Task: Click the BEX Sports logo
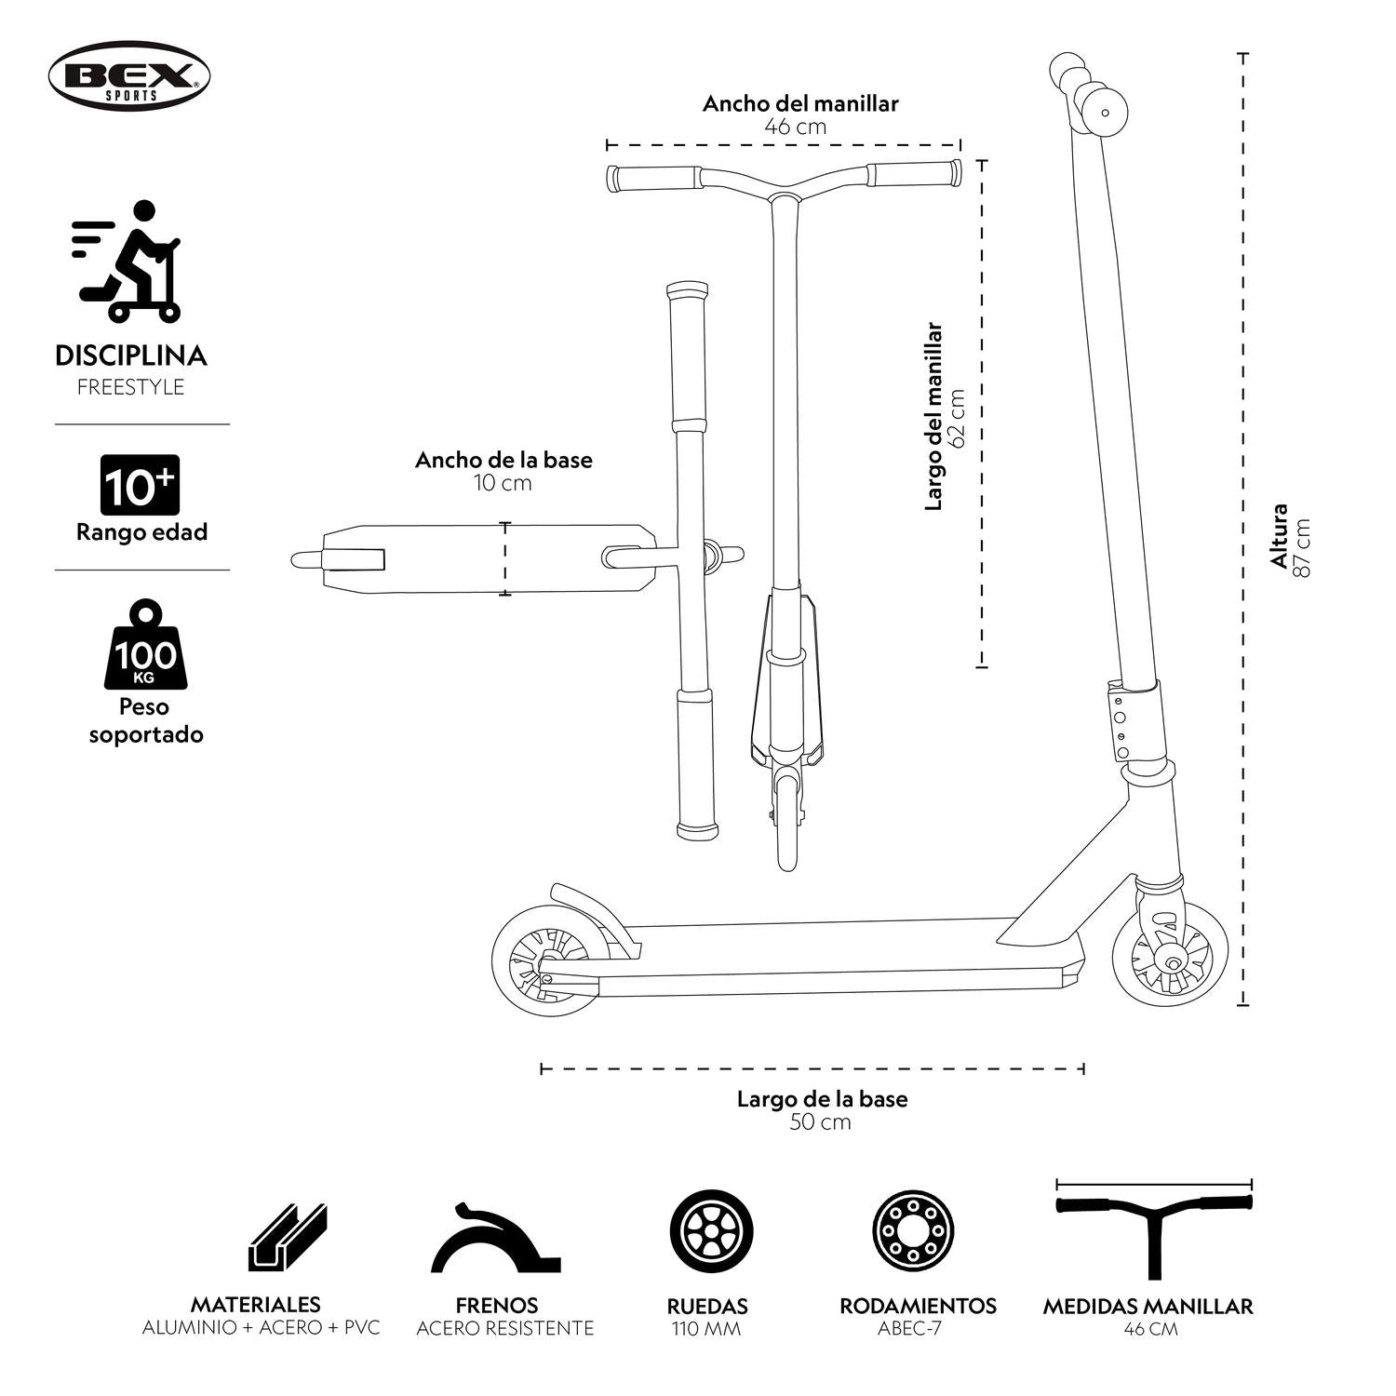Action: pos(129,75)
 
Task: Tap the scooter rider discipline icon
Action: pos(128,261)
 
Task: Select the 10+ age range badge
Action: pos(140,485)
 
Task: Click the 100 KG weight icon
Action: pos(144,647)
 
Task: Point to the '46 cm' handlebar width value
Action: pos(796,127)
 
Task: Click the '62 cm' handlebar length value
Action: pos(958,417)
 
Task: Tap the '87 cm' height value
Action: pos(1302,547)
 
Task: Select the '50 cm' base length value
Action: pos(820,1122)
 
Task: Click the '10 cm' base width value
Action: pos(503,483)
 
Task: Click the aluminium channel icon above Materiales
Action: pos(288,1238)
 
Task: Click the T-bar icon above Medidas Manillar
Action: pos(1154,1228)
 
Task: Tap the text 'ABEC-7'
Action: pos(909,1328)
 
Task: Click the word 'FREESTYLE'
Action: pos(130,387)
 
